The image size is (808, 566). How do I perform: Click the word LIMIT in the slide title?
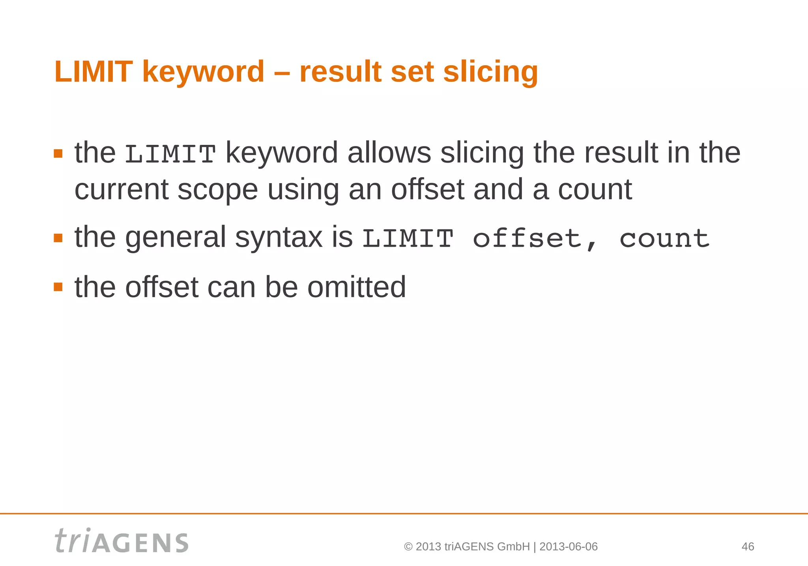pos(93,72)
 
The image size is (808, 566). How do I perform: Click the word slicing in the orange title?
pos(490,73)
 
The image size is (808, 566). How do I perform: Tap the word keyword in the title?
pos(203,72)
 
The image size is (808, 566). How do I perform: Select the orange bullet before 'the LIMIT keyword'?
pos(58,154)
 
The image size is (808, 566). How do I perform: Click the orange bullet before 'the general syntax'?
pos(58,238)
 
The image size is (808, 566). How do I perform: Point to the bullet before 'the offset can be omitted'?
pos(58,287)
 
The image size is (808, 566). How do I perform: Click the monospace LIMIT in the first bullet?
pos(170,154)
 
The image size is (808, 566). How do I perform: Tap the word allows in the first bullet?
pos(389,153)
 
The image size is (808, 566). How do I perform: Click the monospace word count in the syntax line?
pos(664,238)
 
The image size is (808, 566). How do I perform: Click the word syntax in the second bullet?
pos(279,238)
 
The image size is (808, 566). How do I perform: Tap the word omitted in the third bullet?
pos(356,287)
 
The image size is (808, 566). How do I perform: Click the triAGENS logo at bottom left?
pos(122,541)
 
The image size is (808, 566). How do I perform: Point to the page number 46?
pos(748,547)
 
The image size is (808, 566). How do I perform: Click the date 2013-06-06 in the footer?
pos(568,547)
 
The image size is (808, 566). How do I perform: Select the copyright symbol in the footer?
pos(408,547)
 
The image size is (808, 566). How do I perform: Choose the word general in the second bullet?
pos(176,238)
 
